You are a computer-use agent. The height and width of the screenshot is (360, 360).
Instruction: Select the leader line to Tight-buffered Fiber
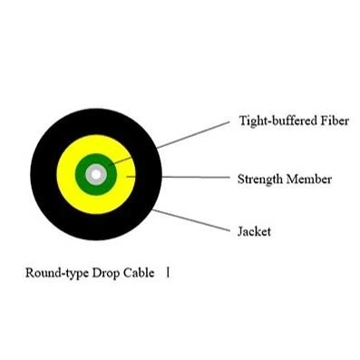(x=190, y=134)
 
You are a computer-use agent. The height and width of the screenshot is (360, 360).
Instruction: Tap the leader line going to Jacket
(x=190, y=220)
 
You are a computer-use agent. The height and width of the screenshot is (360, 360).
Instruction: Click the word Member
(x=311, y=179)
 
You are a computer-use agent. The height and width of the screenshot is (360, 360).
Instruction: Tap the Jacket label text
(x=254, y=232)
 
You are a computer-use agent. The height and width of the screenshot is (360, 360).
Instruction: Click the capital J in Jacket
(x=240, y=232)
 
